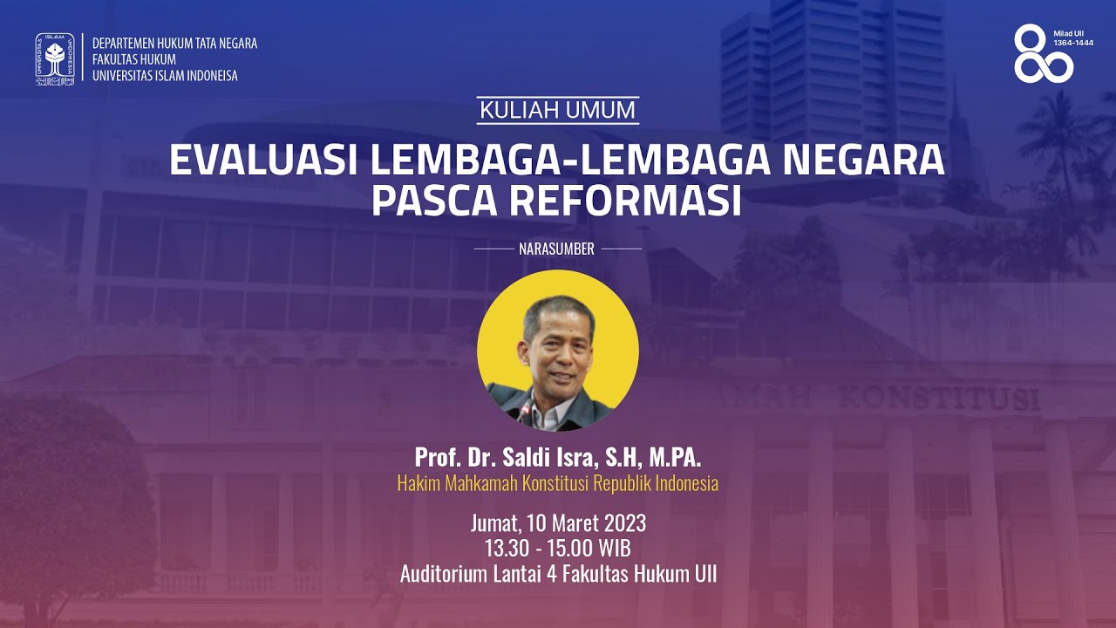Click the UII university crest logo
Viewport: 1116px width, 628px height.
coord(54,58)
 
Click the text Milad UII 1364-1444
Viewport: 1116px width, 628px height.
coord(1072,38)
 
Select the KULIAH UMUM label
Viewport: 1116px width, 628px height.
coord(558,111)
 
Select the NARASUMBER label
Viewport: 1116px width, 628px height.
coord(556,249)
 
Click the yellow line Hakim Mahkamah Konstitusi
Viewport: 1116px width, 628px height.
coord(558,483)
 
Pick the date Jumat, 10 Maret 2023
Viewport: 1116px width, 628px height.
coord(558,523)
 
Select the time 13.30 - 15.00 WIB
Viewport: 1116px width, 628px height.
coord(558,549)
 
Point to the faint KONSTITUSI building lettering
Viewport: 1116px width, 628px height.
coord(939,399)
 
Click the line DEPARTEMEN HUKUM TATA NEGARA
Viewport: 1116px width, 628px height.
coord(174,44)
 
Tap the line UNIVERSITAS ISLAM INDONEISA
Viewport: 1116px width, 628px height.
coord(165,76)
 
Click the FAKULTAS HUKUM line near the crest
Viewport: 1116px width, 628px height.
coord(133,59)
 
